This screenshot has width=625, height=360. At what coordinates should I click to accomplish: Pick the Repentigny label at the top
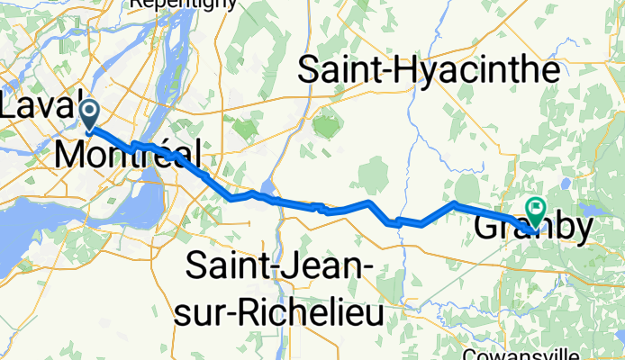coord(184,4)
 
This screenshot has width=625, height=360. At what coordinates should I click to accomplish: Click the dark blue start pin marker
coord(91,114)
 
